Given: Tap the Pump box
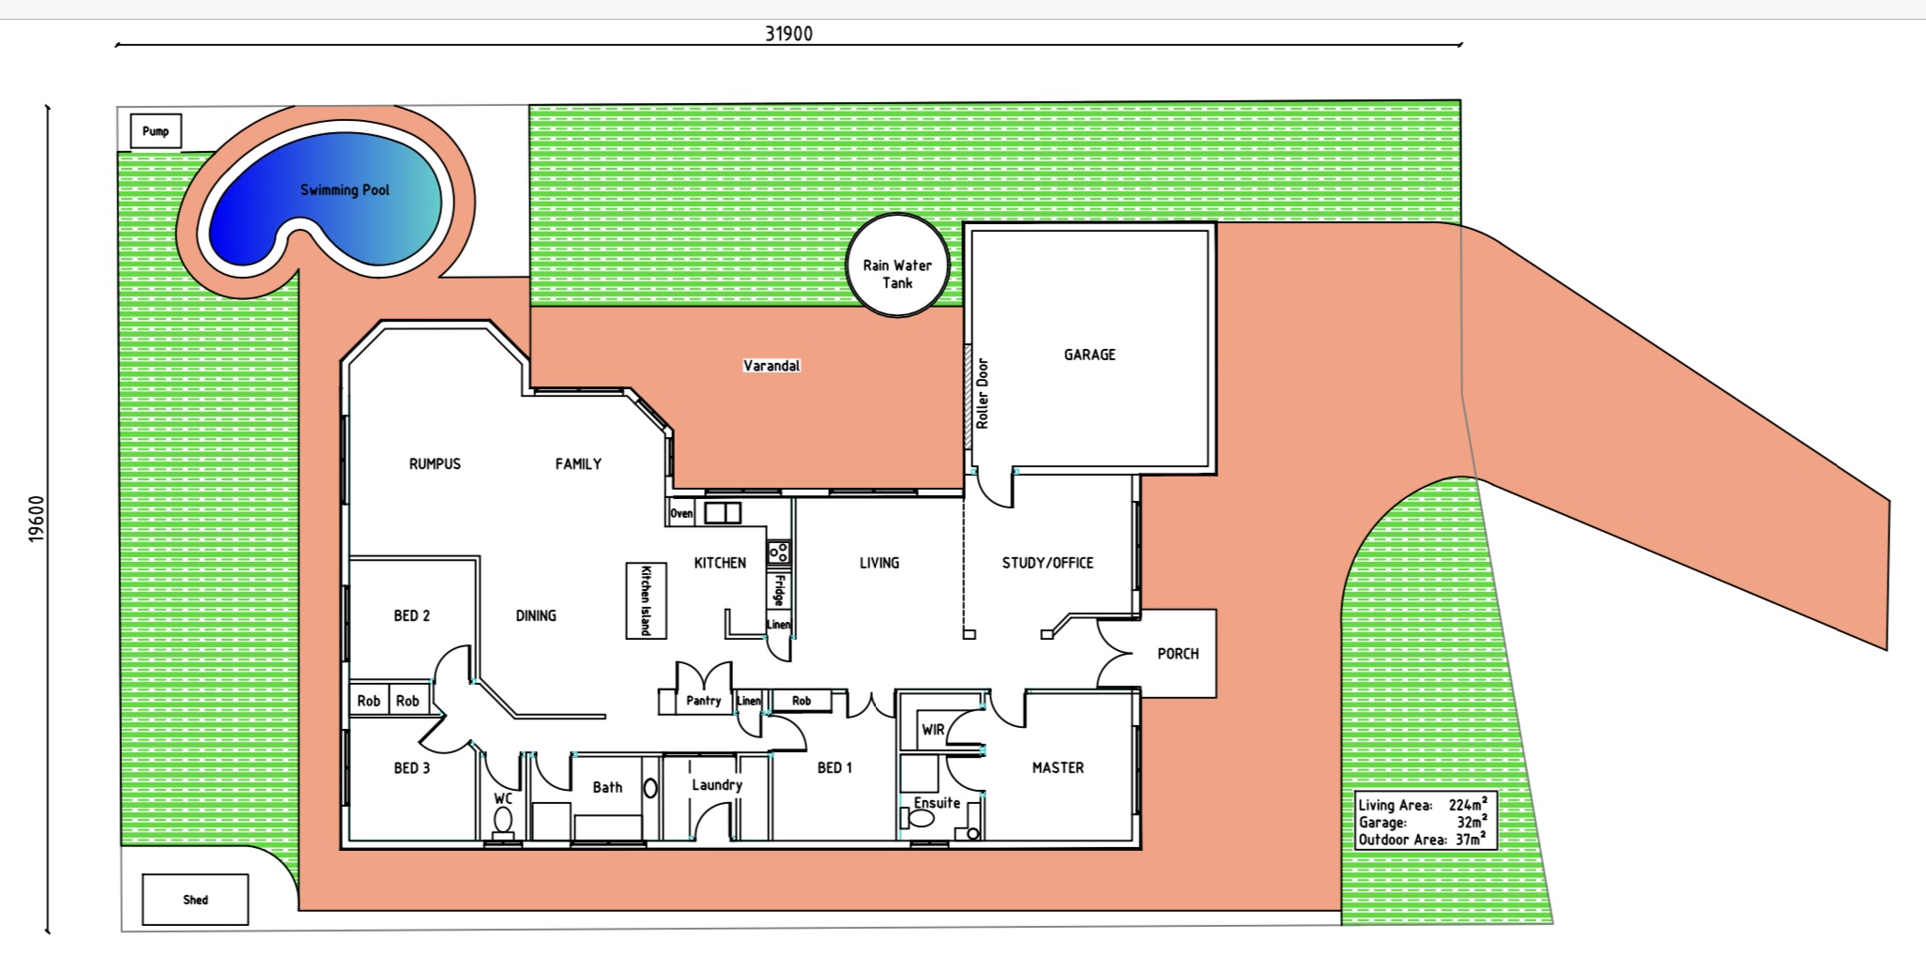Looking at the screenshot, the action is pyautogui.click(x=156, y=131).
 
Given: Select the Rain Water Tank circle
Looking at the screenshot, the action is pyautogui.click(x=897, y=265).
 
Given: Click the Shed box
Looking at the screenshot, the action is pyautogui.click(x=195, y=900).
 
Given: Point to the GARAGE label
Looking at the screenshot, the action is pyautogui.click(x=1090, y=355).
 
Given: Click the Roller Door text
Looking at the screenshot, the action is pyautogui.click(x=983, y=394).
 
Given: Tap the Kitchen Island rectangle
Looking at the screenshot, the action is pyautogui.click(x=646, y=600).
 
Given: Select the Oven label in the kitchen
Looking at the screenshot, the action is pyautogui.click(x=681, y=513).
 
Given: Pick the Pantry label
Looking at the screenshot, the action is pyautogui.click(x=703, y=701).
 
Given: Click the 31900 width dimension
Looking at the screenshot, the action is pyautogui.click(x=788, y=34).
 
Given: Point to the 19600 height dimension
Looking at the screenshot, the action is pyautogui.click(x=37, y=519).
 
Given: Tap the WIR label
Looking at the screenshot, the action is pyautogui.click(x=932, y=730).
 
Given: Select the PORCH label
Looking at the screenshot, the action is pyautogui.click(x=1178, y=654).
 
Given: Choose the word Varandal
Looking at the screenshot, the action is pyautogui.click(x=772, y=366).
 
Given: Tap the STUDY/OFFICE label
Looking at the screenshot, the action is pyautogui.click(x=1047, y=563).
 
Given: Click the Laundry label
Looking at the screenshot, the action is pyautogui.click(x=717, y=785).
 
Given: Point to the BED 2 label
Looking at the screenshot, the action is pyautogui.click(x=412, y=615).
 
